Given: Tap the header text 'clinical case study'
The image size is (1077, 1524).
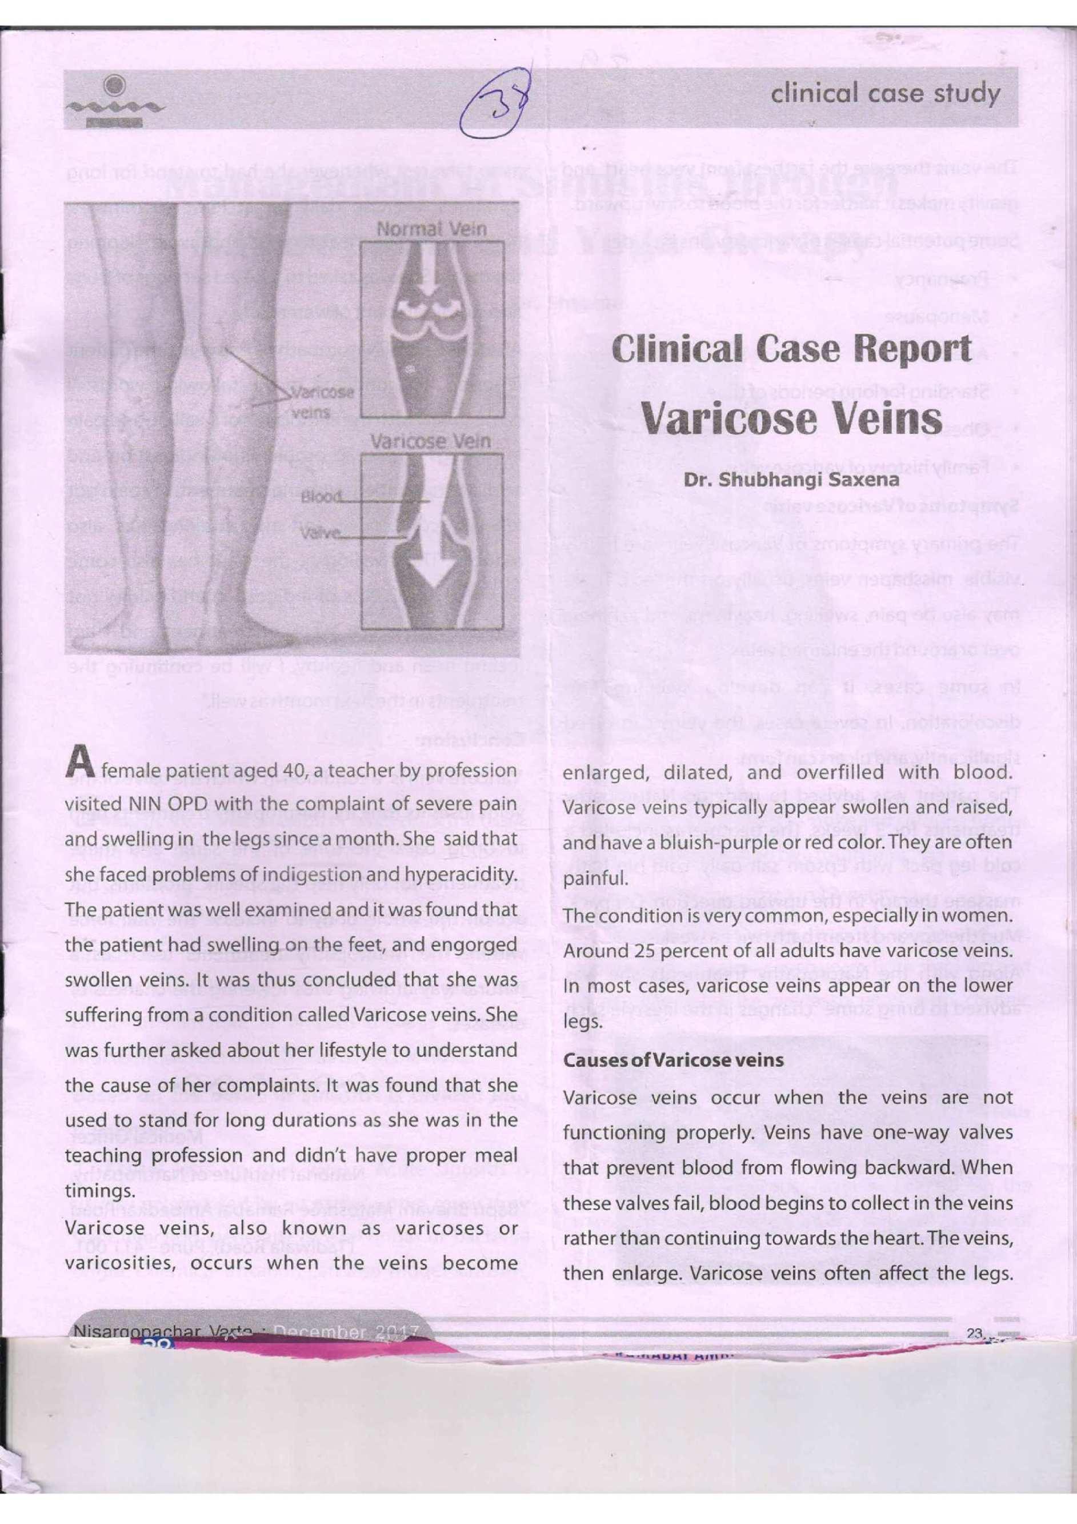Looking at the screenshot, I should pos(884,95).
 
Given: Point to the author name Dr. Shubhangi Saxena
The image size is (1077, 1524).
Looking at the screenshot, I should pos(792,479).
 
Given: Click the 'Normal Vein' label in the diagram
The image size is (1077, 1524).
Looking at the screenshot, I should pos(431,230).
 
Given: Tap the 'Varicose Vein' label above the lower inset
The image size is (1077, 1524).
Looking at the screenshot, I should pos(430,441).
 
